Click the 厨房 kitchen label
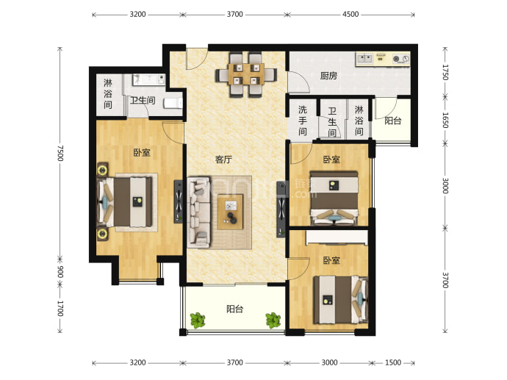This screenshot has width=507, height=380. pos(328,76)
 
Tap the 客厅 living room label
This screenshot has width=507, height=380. pos(224,159)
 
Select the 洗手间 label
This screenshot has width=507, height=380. pos(302,121)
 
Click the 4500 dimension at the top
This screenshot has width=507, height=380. pos(350,14)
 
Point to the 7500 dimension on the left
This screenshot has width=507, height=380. pos(60,154)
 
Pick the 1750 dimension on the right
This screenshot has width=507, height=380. pos(445,72)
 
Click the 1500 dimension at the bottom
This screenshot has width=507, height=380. pos(393,362)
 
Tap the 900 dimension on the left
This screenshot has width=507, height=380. pos(60,272)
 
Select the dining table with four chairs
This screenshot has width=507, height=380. pos(246,75)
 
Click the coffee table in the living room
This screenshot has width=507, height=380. pos(230,212)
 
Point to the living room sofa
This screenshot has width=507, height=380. pos(199,212)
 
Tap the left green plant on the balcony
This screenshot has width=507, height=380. pos(198,320)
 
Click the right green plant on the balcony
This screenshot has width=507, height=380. pos(273,320)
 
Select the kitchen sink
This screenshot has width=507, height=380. pos(364,59)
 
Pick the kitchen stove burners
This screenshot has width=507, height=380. pos(400,59)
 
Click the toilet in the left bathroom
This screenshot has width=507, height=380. pos(173,103)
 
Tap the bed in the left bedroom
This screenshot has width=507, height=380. pos(125,202)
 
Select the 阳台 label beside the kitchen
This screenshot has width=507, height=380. pos(393,121)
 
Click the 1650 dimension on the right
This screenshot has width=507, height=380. pos(445,120)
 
